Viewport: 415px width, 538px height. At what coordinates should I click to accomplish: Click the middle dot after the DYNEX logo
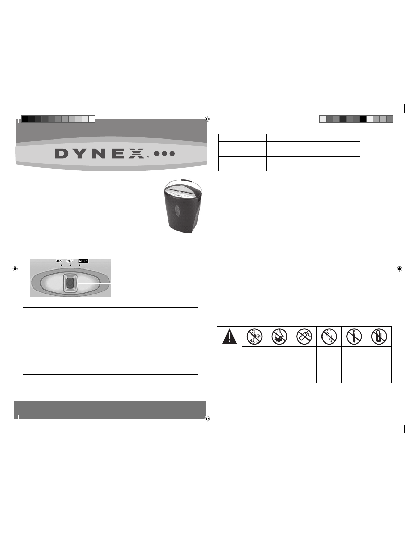tap(164, 154)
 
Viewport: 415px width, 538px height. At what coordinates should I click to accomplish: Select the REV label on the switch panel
tap(59, 261)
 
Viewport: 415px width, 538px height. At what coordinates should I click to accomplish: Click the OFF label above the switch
tap(70, 261)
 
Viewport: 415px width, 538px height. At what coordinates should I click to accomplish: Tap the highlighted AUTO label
tap(83, 261)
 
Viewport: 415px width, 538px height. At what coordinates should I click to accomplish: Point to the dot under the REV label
tap(61, 266)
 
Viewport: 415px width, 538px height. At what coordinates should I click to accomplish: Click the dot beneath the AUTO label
tap(80, 266)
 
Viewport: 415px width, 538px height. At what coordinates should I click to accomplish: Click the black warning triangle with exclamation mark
tap(229, 336)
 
